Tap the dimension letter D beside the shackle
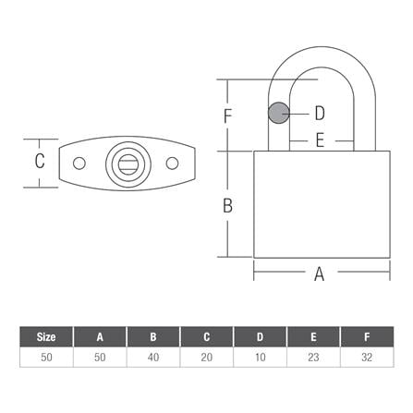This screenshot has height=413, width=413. pos(320,114)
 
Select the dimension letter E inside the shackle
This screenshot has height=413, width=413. pos(320,141)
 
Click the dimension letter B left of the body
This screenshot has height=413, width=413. pos(227,205)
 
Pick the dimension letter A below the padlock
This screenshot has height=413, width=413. pos(320,273)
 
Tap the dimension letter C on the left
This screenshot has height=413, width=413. pos(40,162)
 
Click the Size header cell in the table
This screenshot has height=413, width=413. pos(45,336)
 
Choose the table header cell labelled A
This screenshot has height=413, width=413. pos(99,336)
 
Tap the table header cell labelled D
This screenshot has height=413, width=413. pos(261,336)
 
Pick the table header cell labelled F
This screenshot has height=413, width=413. pos(369,336)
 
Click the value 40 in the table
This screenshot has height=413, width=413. pos(152,357)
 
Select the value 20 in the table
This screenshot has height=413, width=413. pos(207,357)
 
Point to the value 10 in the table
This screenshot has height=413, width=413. pos(261,357)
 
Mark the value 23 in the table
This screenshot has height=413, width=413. pos(314,357)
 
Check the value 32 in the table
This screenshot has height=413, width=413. pos(369,357)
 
